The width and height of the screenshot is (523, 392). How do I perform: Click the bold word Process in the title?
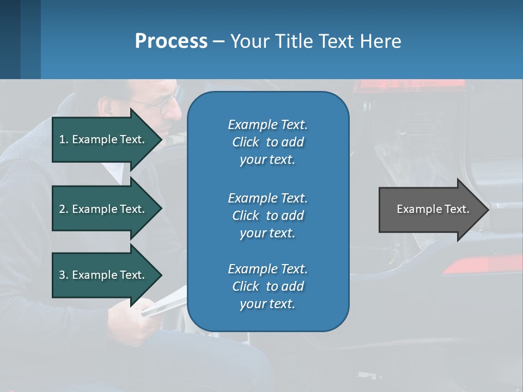tap(171, 41)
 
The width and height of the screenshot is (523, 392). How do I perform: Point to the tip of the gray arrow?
tap(488, 209)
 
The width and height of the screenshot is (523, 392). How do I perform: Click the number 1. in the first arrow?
tap(64, 139)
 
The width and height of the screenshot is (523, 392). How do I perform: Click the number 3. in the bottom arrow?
tap(64, 275)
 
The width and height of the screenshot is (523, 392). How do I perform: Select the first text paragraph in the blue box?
tap(267, 142)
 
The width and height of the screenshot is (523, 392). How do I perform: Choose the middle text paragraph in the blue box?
tap(267, 215)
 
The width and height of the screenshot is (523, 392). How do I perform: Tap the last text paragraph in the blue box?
tap(267, 286)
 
